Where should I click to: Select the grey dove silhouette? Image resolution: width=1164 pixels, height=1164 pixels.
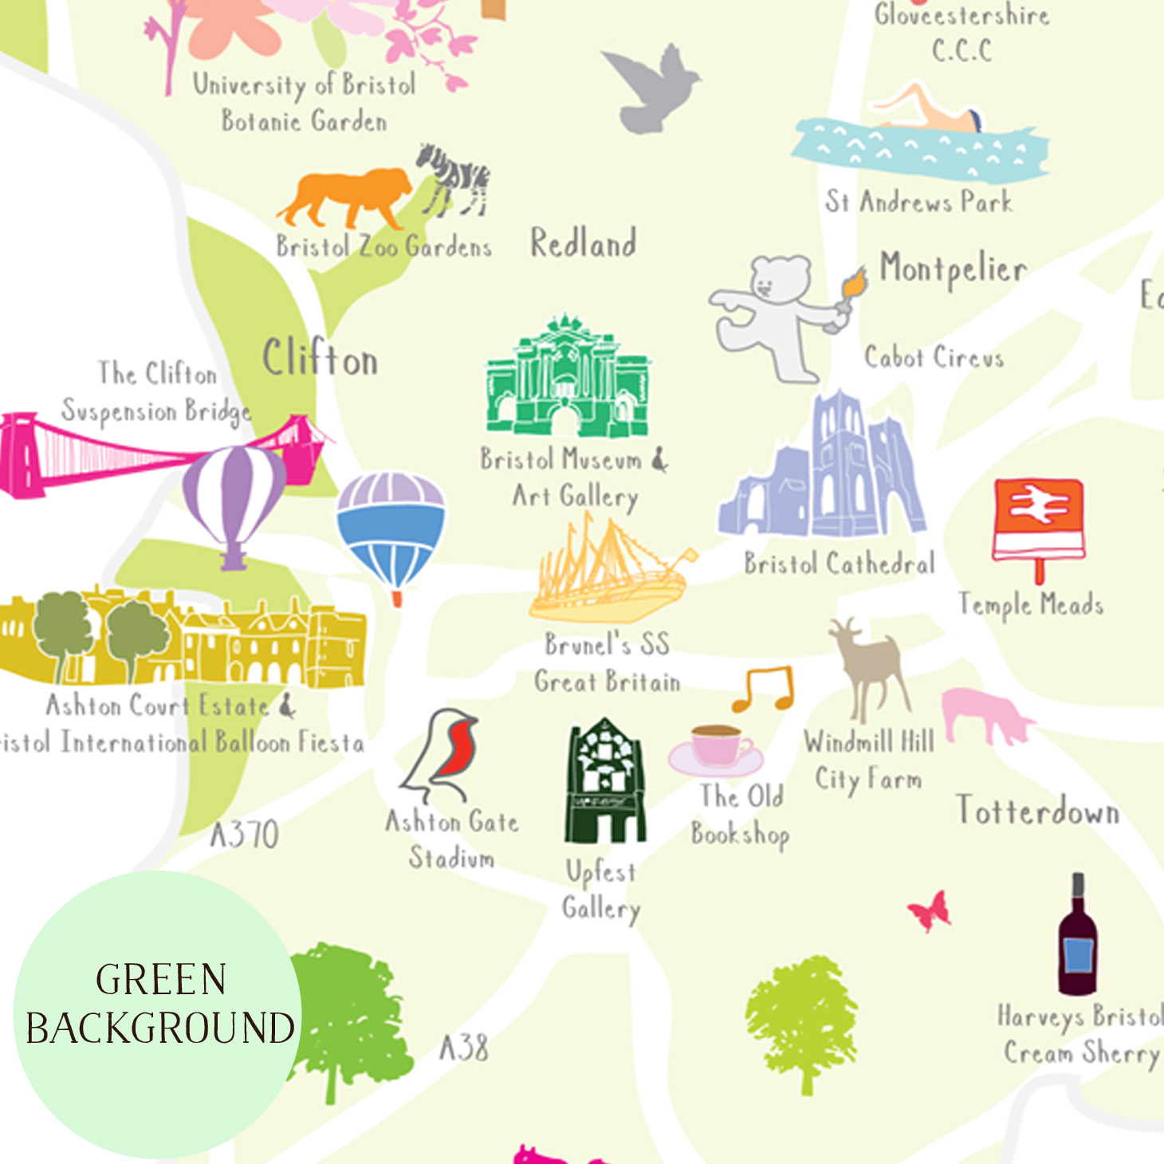654,85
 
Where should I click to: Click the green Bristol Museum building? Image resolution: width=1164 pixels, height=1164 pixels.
567,379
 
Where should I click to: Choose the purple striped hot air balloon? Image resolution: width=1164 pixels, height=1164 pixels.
234,499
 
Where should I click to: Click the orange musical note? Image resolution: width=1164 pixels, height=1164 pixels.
765,688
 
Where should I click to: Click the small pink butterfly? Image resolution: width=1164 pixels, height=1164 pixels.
931,910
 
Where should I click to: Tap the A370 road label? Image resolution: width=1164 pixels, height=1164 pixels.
244,835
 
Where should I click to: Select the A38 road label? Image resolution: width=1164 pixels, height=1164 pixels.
464,1048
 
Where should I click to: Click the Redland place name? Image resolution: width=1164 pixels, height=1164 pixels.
584,243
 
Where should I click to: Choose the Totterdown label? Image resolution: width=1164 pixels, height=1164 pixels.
1037,811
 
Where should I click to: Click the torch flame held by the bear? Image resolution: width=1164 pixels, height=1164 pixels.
853,283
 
